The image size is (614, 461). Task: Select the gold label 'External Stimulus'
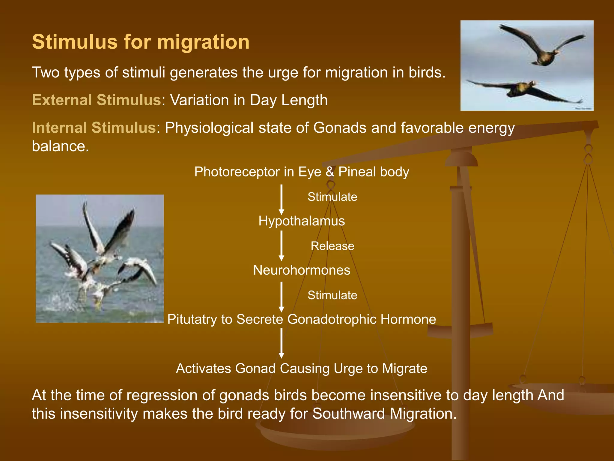[97, 100]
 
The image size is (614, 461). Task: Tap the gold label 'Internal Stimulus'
[94, 128]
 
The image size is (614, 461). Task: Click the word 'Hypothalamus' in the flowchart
[302, 221]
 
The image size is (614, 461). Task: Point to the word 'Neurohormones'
[302, 270]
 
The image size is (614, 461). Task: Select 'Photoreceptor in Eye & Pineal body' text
[302, 172]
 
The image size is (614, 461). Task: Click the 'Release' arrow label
[332, 246]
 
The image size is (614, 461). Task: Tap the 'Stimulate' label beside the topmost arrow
[332, 197]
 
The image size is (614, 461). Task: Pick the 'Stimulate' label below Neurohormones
[332, 295]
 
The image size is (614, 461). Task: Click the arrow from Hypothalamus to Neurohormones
[281, 246]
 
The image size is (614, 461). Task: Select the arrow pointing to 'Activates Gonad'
[281, 343]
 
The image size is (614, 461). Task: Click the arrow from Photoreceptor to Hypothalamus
[281, 199]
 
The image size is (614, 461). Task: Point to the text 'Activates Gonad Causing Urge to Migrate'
[302, 369]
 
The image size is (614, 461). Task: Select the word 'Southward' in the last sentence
[348, 414]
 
